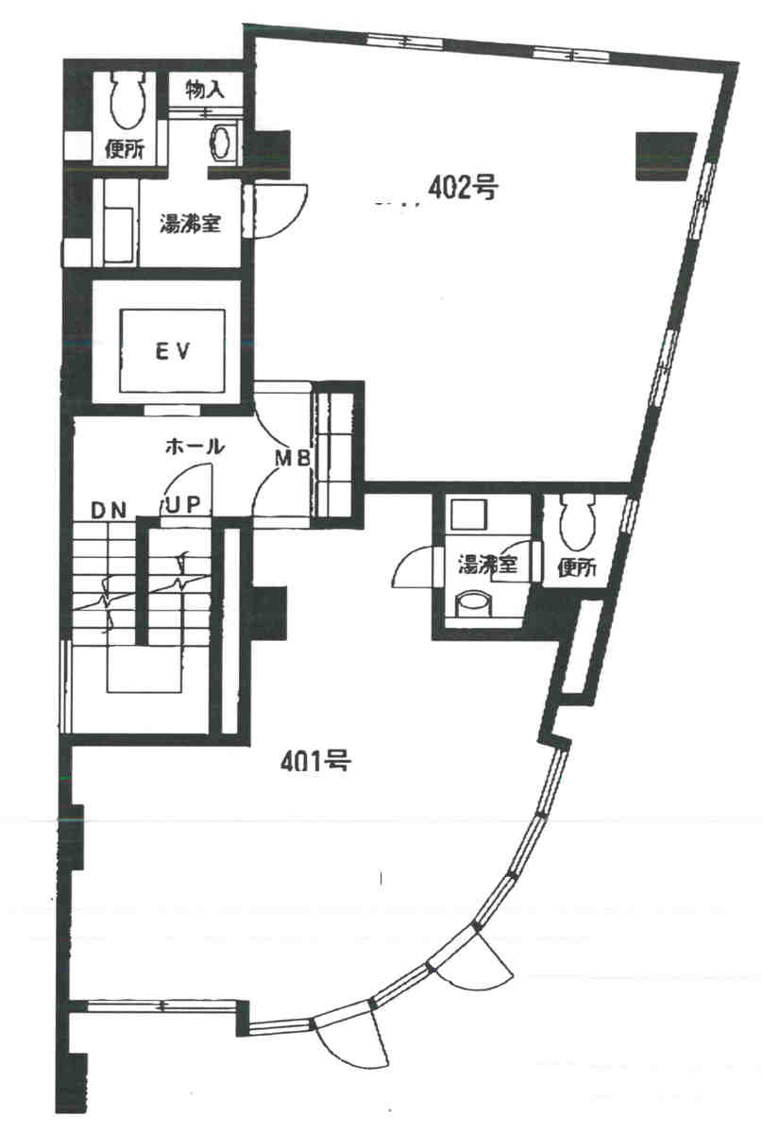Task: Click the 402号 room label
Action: (x=463, y=189)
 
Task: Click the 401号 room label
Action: (x=315, y=760)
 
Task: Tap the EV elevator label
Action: (x=173, y=351)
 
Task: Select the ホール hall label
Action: (x=195, y=447)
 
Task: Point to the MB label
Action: (x=292, y=458)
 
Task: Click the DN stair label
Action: (x=110, y=511)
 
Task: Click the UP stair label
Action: (x=184, y=505)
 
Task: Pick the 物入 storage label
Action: (x=205, y=90)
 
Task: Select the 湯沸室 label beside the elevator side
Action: (x=190, y=224)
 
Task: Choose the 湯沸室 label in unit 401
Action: (x=488, y=565)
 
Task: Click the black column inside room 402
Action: (x=665, y=156)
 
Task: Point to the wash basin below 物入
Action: (x=224, y=143)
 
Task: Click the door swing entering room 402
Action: (x=278, y=211)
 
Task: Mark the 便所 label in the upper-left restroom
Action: (x=125, y=149)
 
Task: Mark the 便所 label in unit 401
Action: (x=576, y=568)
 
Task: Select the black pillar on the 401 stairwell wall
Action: (x=269, y=612)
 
